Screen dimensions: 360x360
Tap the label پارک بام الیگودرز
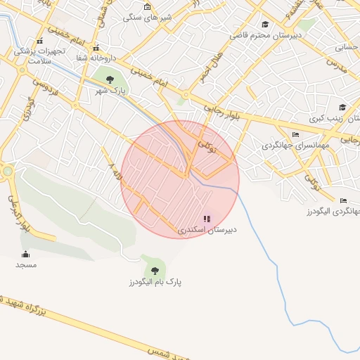tap(155, 282)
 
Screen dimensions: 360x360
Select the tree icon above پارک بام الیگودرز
tap(155, 269)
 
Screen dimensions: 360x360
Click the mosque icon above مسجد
tap(26, 255)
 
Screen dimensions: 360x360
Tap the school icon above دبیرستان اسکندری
tap(207, 219)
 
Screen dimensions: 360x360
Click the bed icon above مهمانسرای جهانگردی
tap(295, 134)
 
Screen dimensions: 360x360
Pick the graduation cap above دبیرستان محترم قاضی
tap(265, 24)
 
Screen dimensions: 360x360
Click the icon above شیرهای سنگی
tap(147, 7)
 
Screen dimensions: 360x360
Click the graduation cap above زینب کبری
tap(342, 108)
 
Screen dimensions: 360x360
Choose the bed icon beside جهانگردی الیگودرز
tap(342, 200)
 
